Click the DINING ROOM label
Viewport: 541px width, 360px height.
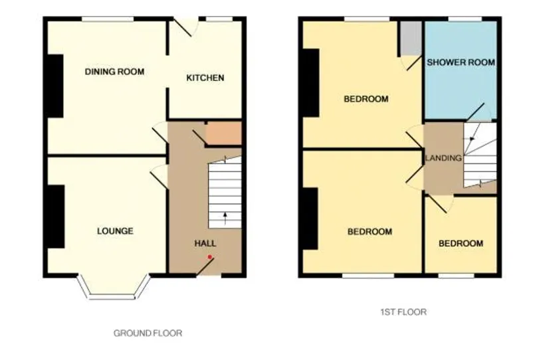point(114,72)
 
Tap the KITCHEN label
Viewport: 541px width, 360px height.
point(205,78)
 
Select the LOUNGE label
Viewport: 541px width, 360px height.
point(115,230)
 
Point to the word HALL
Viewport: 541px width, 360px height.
point(205,244)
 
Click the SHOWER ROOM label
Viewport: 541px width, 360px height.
point(461,62)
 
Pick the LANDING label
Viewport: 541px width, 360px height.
point(443,158)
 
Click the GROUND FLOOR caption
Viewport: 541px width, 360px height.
point(148,333)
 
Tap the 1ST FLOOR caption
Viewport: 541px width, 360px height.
point(403,312)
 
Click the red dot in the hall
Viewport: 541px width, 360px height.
point(209,257)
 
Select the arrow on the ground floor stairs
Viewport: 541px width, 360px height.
point(225,219)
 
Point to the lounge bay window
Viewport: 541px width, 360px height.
point(114,287)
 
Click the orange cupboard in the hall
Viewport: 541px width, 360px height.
point(223,134)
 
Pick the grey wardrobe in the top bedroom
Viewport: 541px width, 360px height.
point(411,39)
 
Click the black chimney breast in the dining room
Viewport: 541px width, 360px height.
point(55,86)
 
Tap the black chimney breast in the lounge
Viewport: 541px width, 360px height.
point(56,217)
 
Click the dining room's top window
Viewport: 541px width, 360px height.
point(108,19)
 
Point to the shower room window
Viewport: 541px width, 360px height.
point(465,19)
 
